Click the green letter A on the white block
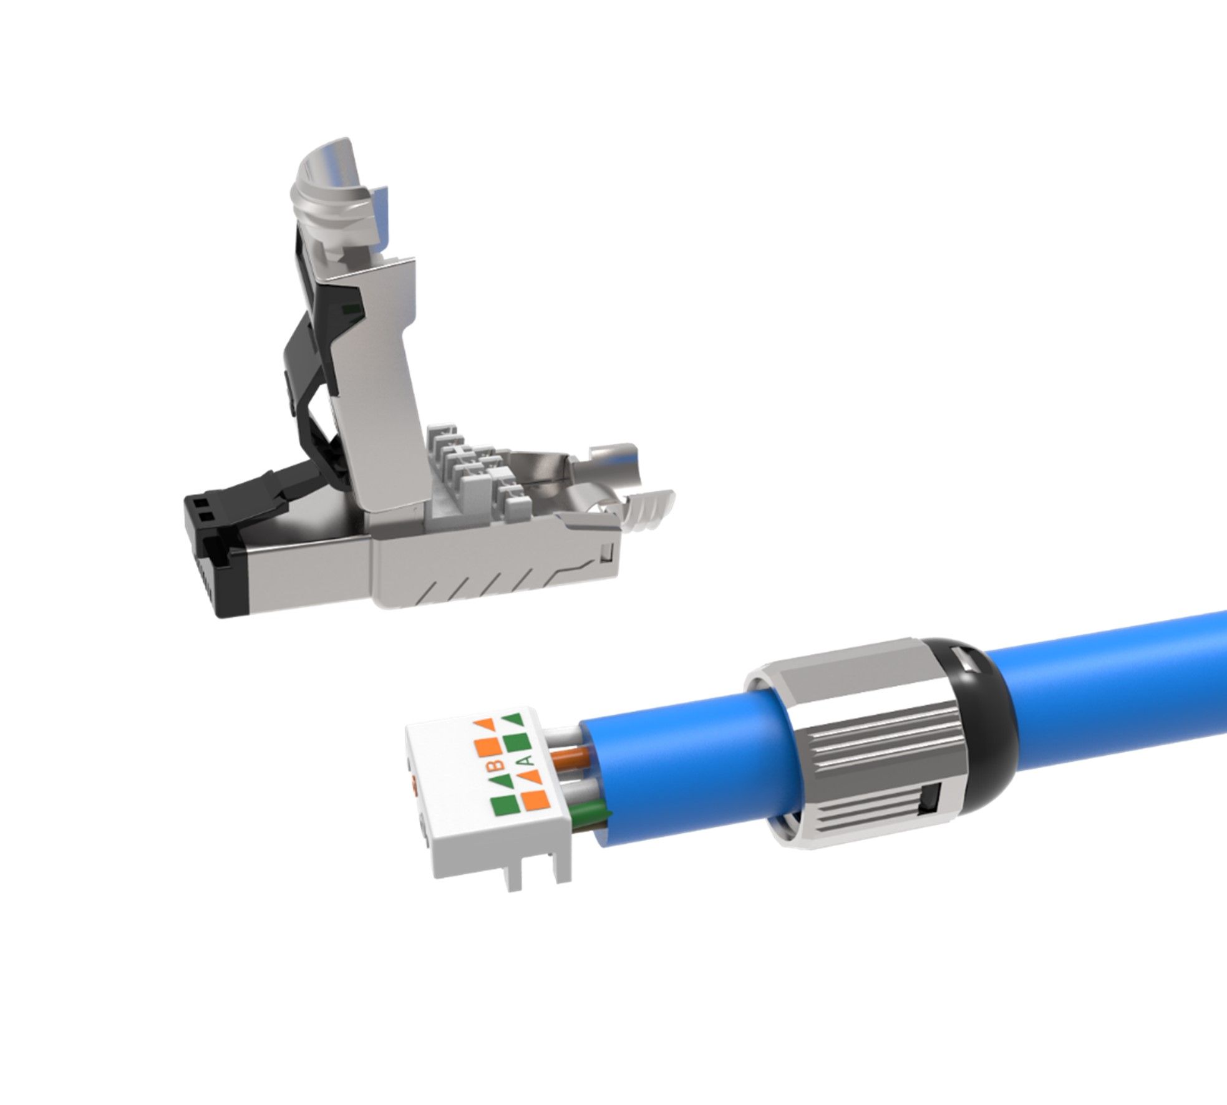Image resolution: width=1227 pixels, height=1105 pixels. click(x=525, y=760)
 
